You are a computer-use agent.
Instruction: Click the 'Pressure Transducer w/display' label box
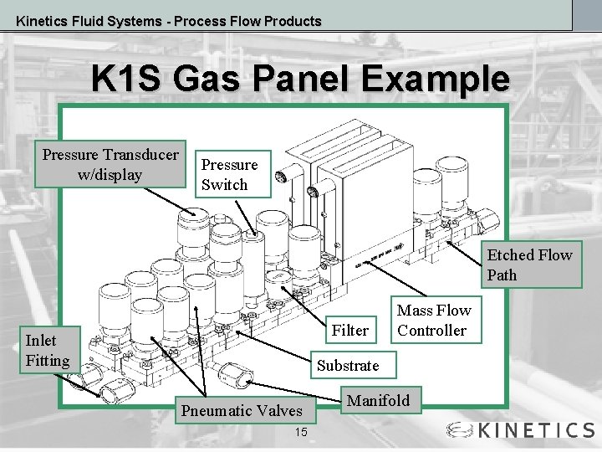coord(110,164)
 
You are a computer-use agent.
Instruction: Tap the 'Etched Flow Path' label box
coord(529,265)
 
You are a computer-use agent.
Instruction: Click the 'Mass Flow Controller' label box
coord(433,320)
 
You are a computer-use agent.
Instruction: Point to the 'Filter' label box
coord(349,330)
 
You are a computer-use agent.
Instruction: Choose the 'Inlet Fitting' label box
coord(48,350)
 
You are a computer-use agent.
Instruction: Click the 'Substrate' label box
coord(348,365)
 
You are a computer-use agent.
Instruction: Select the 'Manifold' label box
coord(378,400)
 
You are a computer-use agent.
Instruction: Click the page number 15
coord(301,432)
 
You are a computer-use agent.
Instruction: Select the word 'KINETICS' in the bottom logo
coord(535,430)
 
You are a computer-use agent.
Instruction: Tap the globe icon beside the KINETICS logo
coord(461,430)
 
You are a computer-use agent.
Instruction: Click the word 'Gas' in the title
coord(207,80)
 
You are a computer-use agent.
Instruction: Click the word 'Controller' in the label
coord(432,330)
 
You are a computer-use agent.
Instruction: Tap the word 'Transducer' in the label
coord(140,155)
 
